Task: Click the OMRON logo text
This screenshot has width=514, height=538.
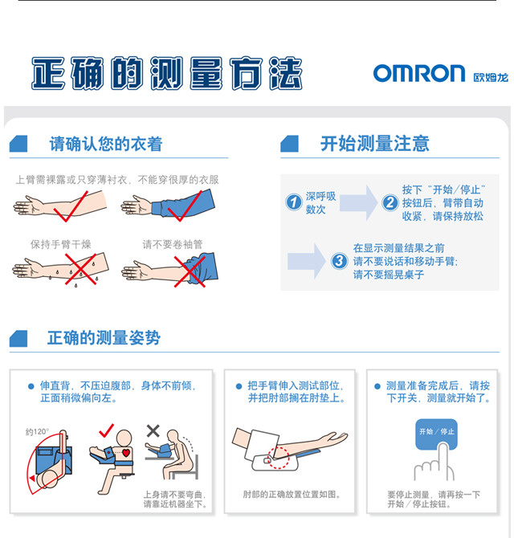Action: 419,73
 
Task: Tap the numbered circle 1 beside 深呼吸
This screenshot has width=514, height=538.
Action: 294,202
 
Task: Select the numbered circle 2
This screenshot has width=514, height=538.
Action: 390,202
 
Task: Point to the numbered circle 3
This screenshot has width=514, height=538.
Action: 339,261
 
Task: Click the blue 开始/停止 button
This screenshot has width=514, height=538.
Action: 436,434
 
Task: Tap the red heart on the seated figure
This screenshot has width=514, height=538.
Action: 126,453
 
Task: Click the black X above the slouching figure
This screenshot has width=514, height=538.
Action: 153,430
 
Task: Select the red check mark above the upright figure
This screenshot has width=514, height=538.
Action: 106,430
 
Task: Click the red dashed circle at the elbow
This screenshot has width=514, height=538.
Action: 279,458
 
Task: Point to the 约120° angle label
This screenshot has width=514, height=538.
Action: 37,432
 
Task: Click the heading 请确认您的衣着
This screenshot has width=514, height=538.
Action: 106,144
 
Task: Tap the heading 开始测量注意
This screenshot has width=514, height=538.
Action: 375,144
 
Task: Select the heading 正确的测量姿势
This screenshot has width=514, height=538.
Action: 104,338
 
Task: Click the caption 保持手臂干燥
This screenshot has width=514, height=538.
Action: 61,244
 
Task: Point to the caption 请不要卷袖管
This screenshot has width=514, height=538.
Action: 173,244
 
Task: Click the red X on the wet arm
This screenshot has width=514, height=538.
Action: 80,269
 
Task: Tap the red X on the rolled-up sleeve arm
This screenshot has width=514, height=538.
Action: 190,271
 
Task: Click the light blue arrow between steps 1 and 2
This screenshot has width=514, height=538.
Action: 358,202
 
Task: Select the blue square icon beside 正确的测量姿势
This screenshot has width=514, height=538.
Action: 18,339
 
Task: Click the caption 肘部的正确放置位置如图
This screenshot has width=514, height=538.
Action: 292,495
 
